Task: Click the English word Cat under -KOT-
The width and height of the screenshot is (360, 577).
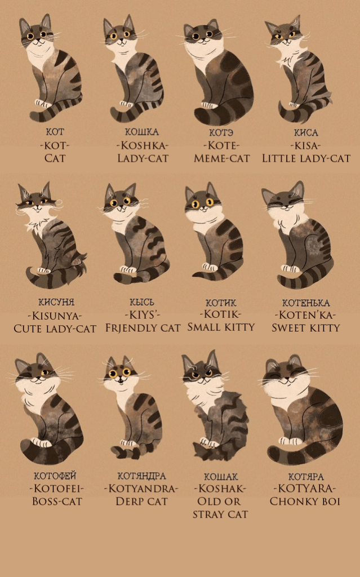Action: [55, 158]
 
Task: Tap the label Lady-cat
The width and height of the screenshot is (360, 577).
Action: [143, 158]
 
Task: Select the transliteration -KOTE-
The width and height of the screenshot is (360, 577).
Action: [221, 145]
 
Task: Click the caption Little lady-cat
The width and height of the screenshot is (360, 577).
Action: [306, 158]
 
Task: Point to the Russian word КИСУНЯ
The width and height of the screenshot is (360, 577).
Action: [56, 302]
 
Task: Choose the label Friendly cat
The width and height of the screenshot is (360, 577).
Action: [143, 327]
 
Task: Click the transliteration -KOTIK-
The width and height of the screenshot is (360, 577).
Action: [221, 314]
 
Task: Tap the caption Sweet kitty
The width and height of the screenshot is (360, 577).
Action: [305, 327]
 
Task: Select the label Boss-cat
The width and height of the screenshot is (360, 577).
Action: [57, 501]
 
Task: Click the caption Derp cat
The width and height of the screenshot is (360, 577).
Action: [142, 501]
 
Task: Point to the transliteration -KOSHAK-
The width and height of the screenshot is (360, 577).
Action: [220, 489]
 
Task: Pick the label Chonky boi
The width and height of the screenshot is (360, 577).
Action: [305, 501]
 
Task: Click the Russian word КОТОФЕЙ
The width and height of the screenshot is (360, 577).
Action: [55, 476]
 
